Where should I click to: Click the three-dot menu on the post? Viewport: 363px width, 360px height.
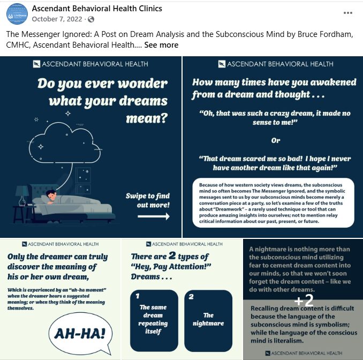pyautogui.click(x=348, y=13)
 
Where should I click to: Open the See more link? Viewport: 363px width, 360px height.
pyautogui.click(x=161, y=45)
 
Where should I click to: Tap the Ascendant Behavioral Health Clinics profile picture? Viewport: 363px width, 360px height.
pyautogui.click(x=16, y=14)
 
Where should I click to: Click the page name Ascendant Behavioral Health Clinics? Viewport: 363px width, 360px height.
pyautogui.click(x=97, y=9)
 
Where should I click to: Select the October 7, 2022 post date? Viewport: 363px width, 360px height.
pyautogui.click(x=58, y=19)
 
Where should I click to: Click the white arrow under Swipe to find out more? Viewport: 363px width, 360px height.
pyautogui.click(x=153, y=216)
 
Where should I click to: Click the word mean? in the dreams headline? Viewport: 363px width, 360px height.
pyautogui.click(x=147, y=117)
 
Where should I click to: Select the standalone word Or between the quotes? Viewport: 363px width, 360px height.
pyautogui.click(x=275, y=140)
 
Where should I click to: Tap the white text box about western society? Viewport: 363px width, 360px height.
pyautogui.click(x=274, y=202)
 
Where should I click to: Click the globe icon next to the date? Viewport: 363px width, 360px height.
pyautogui.click(x=90, y=19)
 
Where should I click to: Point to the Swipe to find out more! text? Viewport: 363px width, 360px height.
pyautogui.click(x=148, y=200)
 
